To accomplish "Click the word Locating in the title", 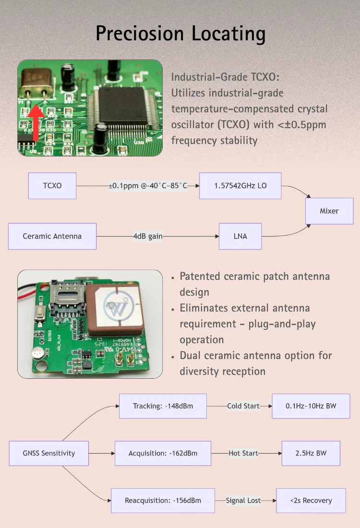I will (x=228, y=34).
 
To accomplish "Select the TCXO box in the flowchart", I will (x=52, y=186).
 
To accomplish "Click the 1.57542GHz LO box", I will (x=240, y=186).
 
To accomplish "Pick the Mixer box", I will (x=329, y=211).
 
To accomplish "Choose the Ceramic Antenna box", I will (x=52, y=236).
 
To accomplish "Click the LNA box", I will (x=240, y=236).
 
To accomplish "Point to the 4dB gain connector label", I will (x=148, y=236).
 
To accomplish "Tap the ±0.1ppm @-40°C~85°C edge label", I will (x=147, y=186).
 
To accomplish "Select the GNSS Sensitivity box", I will (x=49, y=453).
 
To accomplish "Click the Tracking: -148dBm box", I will (x=163, y=406).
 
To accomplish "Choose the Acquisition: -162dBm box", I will (x=163, y=453).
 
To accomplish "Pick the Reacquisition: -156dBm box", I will (x=163, y=501).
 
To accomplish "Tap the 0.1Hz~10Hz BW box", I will (x=311, y=406).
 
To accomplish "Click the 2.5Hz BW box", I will (x=311, y=453).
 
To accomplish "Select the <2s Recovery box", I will (x=311, y=501).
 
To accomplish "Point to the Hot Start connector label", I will (x=243, y=453).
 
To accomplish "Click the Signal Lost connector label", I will (x=243, y=501).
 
